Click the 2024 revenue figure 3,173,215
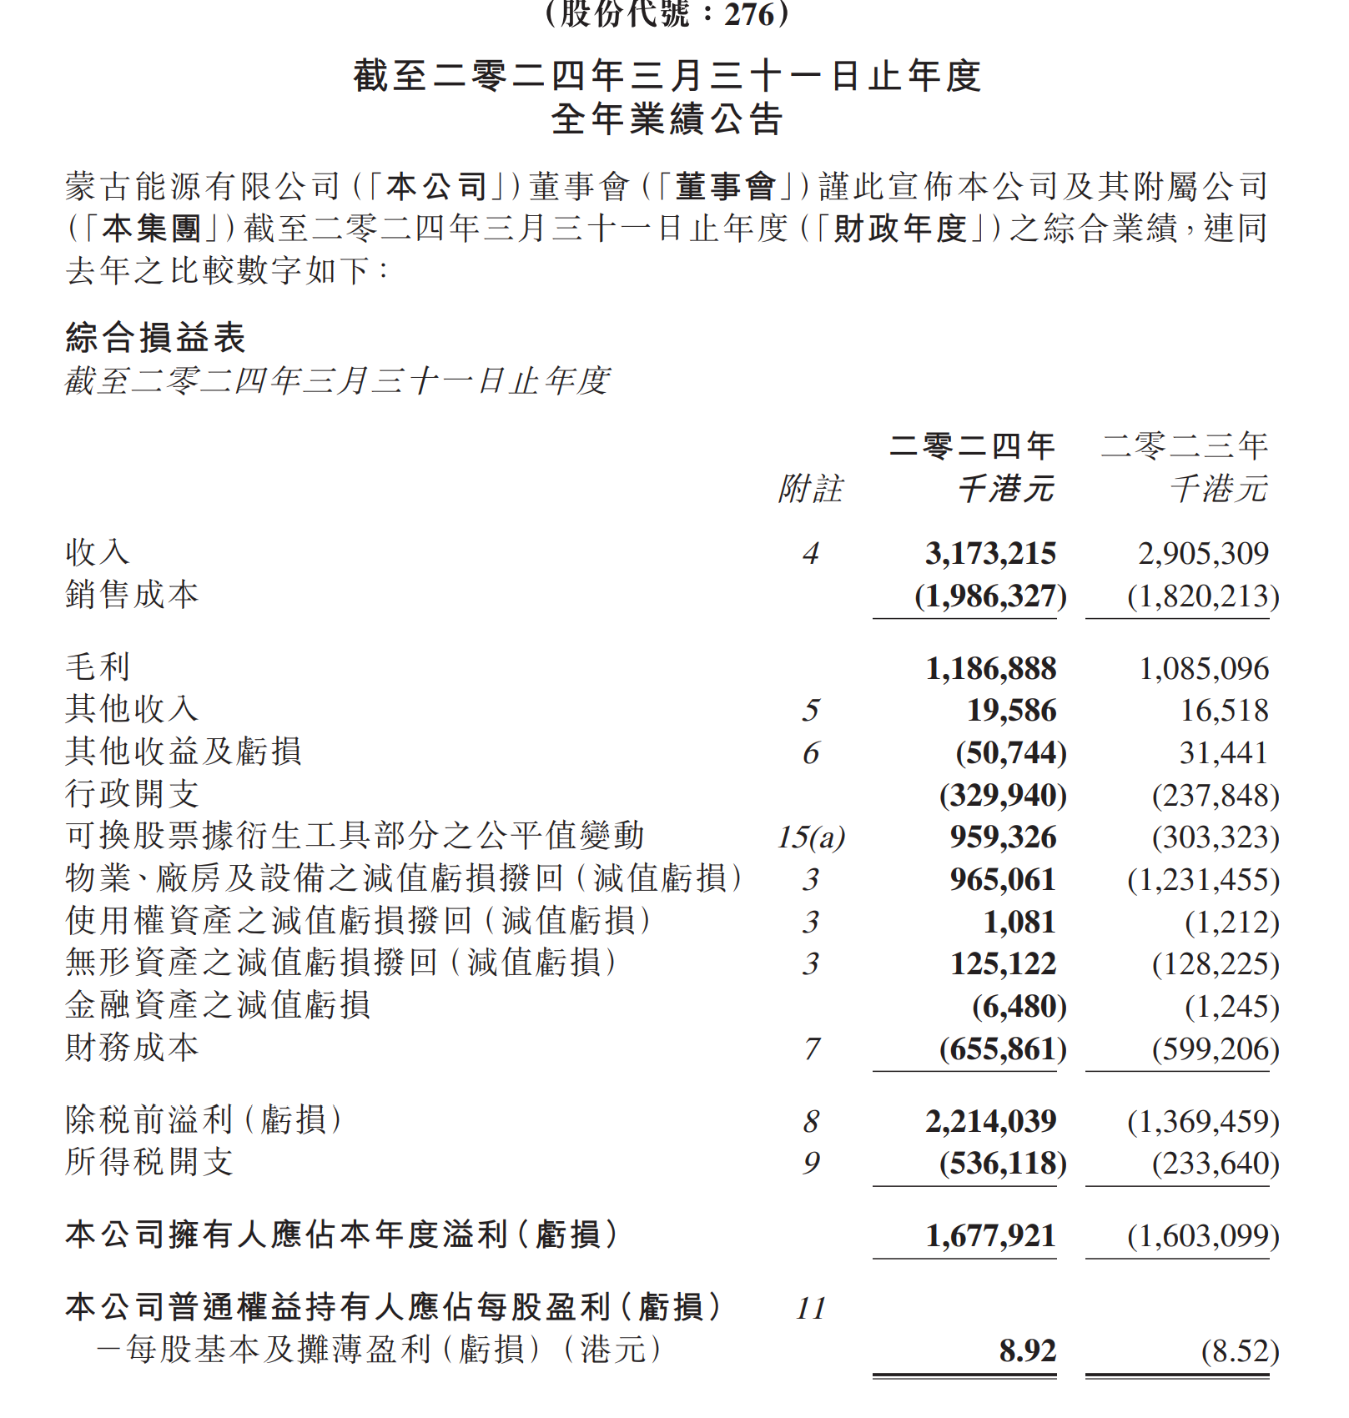click(990, 553)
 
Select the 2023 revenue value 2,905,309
click(1203, 553)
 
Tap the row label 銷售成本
click(132, 595)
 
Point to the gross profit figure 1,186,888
click(990, 668)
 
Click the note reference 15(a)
click(811, 837)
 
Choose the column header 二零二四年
click(972, 445)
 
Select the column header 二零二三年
click(1185, 445)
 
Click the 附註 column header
click(810, 489)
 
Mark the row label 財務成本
click(132, 1048)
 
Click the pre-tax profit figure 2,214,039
click(990, 1121)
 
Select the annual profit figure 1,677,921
click(990, 1235)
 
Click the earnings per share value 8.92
click(1027, 1350)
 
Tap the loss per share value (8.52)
click(1240, 1350)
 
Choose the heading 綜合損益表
click(155, 338)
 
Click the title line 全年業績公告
click(667, 119)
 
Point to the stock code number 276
click(749, 13)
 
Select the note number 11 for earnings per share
click(810, 1308)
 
